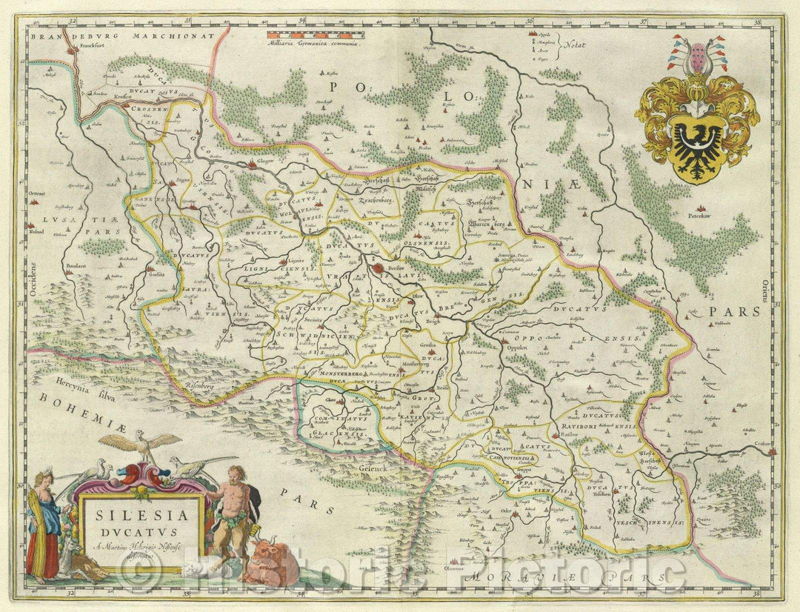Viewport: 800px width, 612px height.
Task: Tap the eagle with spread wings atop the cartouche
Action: pos(141,445)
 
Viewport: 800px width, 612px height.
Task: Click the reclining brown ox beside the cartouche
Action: pos(270,562)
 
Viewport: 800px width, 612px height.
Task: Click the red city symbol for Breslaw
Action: pos(379,270)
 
